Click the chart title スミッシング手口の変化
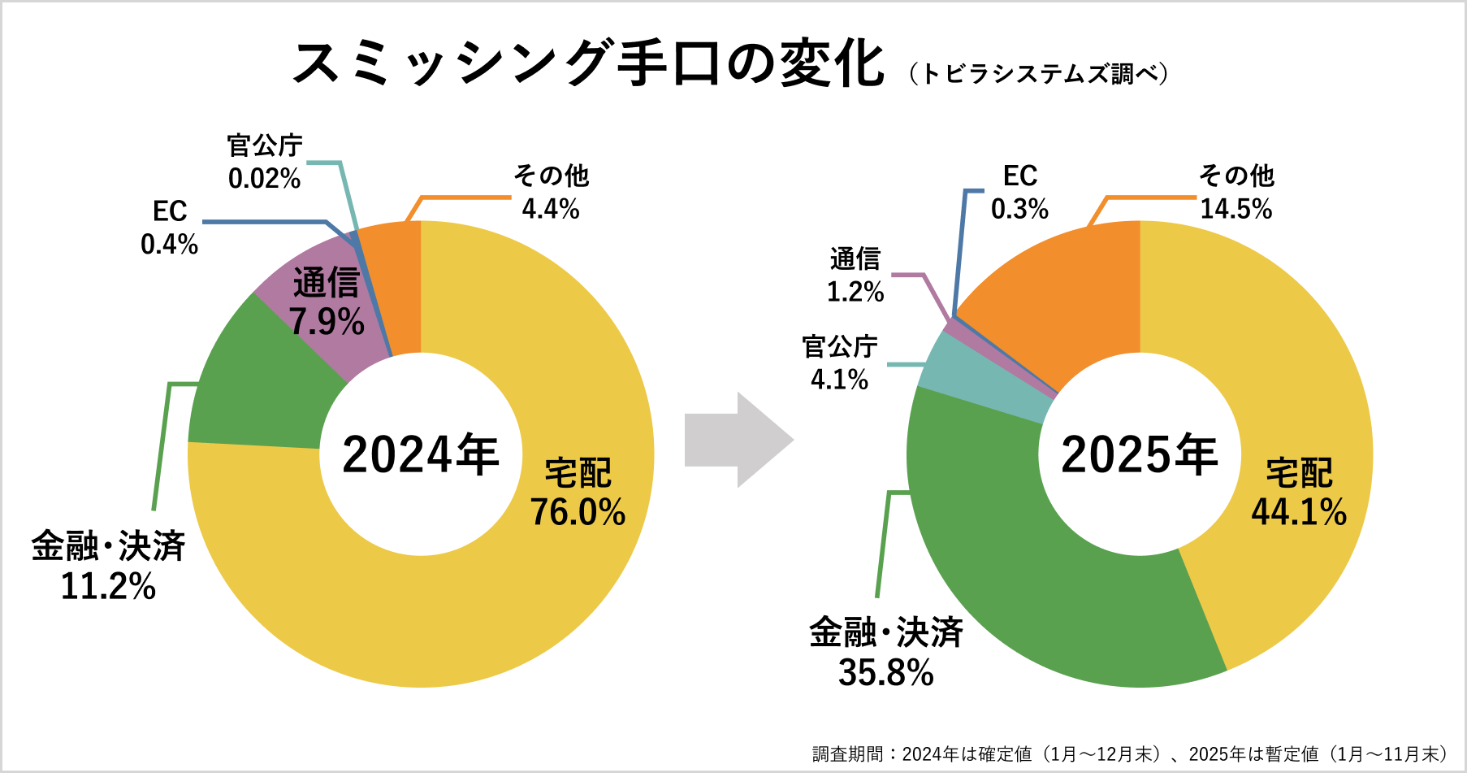pos(588,63)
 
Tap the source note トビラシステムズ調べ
pos(1039,74)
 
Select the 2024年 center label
pos(420,454)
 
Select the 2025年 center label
pos(1139,454)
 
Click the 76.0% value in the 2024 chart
pos(578,513)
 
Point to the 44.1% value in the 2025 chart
pos(1298,513)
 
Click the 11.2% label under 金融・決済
pos(108,587)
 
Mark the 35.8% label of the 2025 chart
pos(885,673)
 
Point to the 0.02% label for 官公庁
pos(264,179)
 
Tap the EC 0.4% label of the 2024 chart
pos(170,228)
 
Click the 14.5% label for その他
pos(1235,210)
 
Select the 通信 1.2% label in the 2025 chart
pos(855,276)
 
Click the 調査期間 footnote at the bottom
pos(1129,754)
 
